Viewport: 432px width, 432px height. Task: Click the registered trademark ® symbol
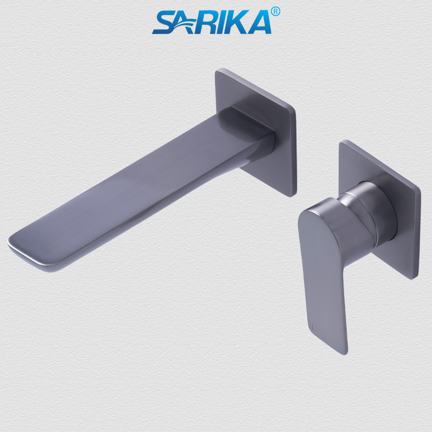(x=275, y=11)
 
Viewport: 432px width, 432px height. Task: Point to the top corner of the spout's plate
(x=219, y=70)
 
